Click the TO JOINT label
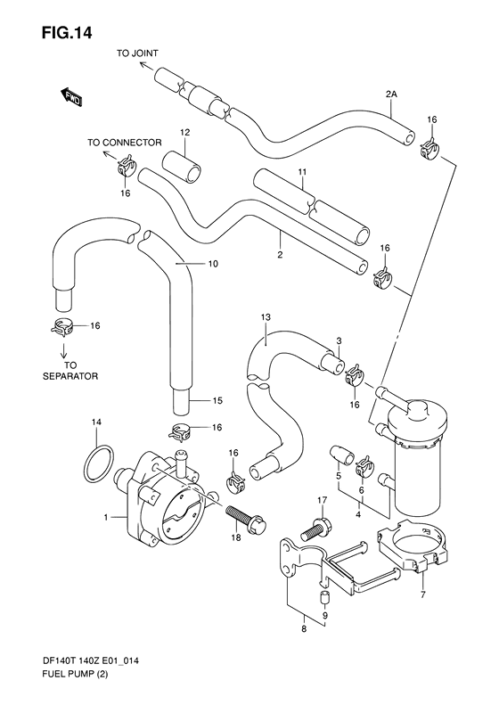coord(136,53)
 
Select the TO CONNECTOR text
coord(124,142)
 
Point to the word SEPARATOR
coord(70,376)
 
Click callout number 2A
coord(391,94)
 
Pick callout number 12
coord(184,133)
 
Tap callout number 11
coord(302,171)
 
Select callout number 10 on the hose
coord(212,264)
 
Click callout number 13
coord(265,316)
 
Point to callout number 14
coord(97,421)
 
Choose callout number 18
coord(235,539)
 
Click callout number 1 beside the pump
coord(106,516)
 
